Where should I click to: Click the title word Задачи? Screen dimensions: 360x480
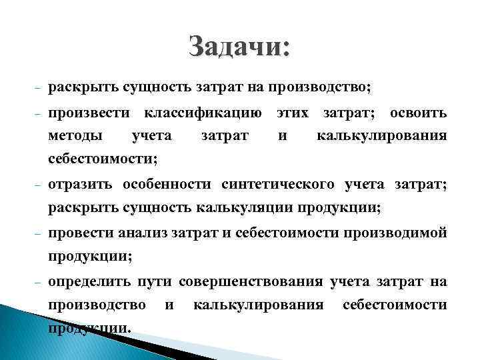pyautogui.click(x=239, y=48)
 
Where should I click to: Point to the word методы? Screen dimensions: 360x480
pyautogui.click(x=75, y=136)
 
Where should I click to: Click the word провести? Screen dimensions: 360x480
pyautogui.click(x=80, y=233)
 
